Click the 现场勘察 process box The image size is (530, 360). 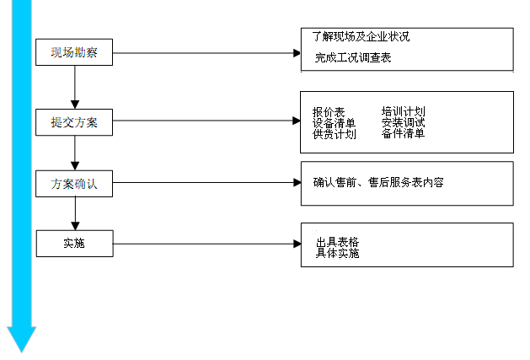74,54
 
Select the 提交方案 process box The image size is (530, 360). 74,122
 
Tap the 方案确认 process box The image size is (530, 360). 74,183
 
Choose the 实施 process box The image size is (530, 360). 74,244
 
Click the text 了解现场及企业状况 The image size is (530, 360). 361,37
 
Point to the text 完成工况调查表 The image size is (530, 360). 353,58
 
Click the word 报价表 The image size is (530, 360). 329,111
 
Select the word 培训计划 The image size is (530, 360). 403,111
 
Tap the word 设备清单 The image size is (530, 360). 334,122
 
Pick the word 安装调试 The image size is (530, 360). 403,122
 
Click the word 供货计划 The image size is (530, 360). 334,133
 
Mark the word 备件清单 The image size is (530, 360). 403,133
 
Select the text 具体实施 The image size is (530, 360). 337,253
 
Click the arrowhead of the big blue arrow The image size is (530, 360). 21,339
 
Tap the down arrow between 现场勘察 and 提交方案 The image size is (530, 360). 75,88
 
